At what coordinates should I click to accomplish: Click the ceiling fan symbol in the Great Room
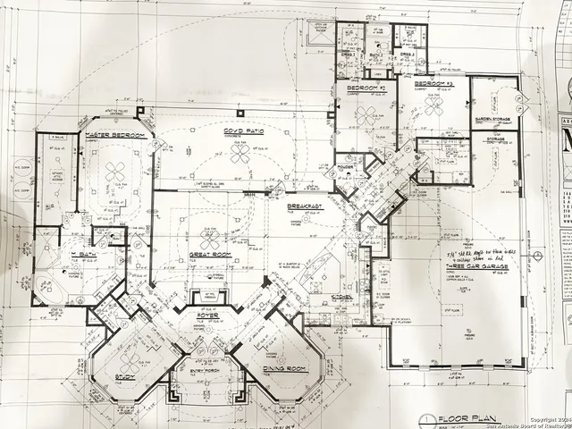[x=211, y=239]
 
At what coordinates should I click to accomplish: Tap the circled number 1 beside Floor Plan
[x=431, y=417]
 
